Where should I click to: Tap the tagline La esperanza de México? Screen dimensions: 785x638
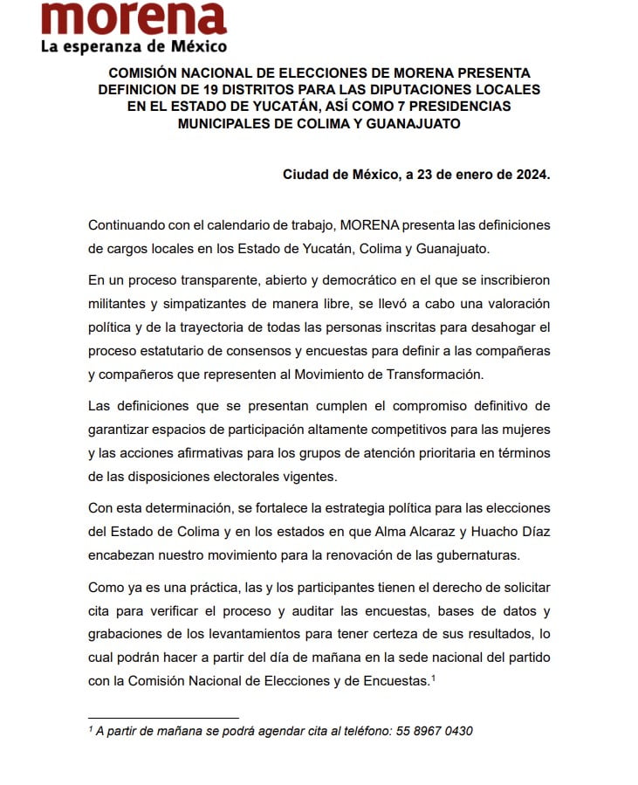134,46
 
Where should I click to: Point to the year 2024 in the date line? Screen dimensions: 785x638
532,175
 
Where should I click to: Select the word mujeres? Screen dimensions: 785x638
524,429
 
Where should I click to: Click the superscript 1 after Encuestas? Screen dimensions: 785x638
434,677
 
